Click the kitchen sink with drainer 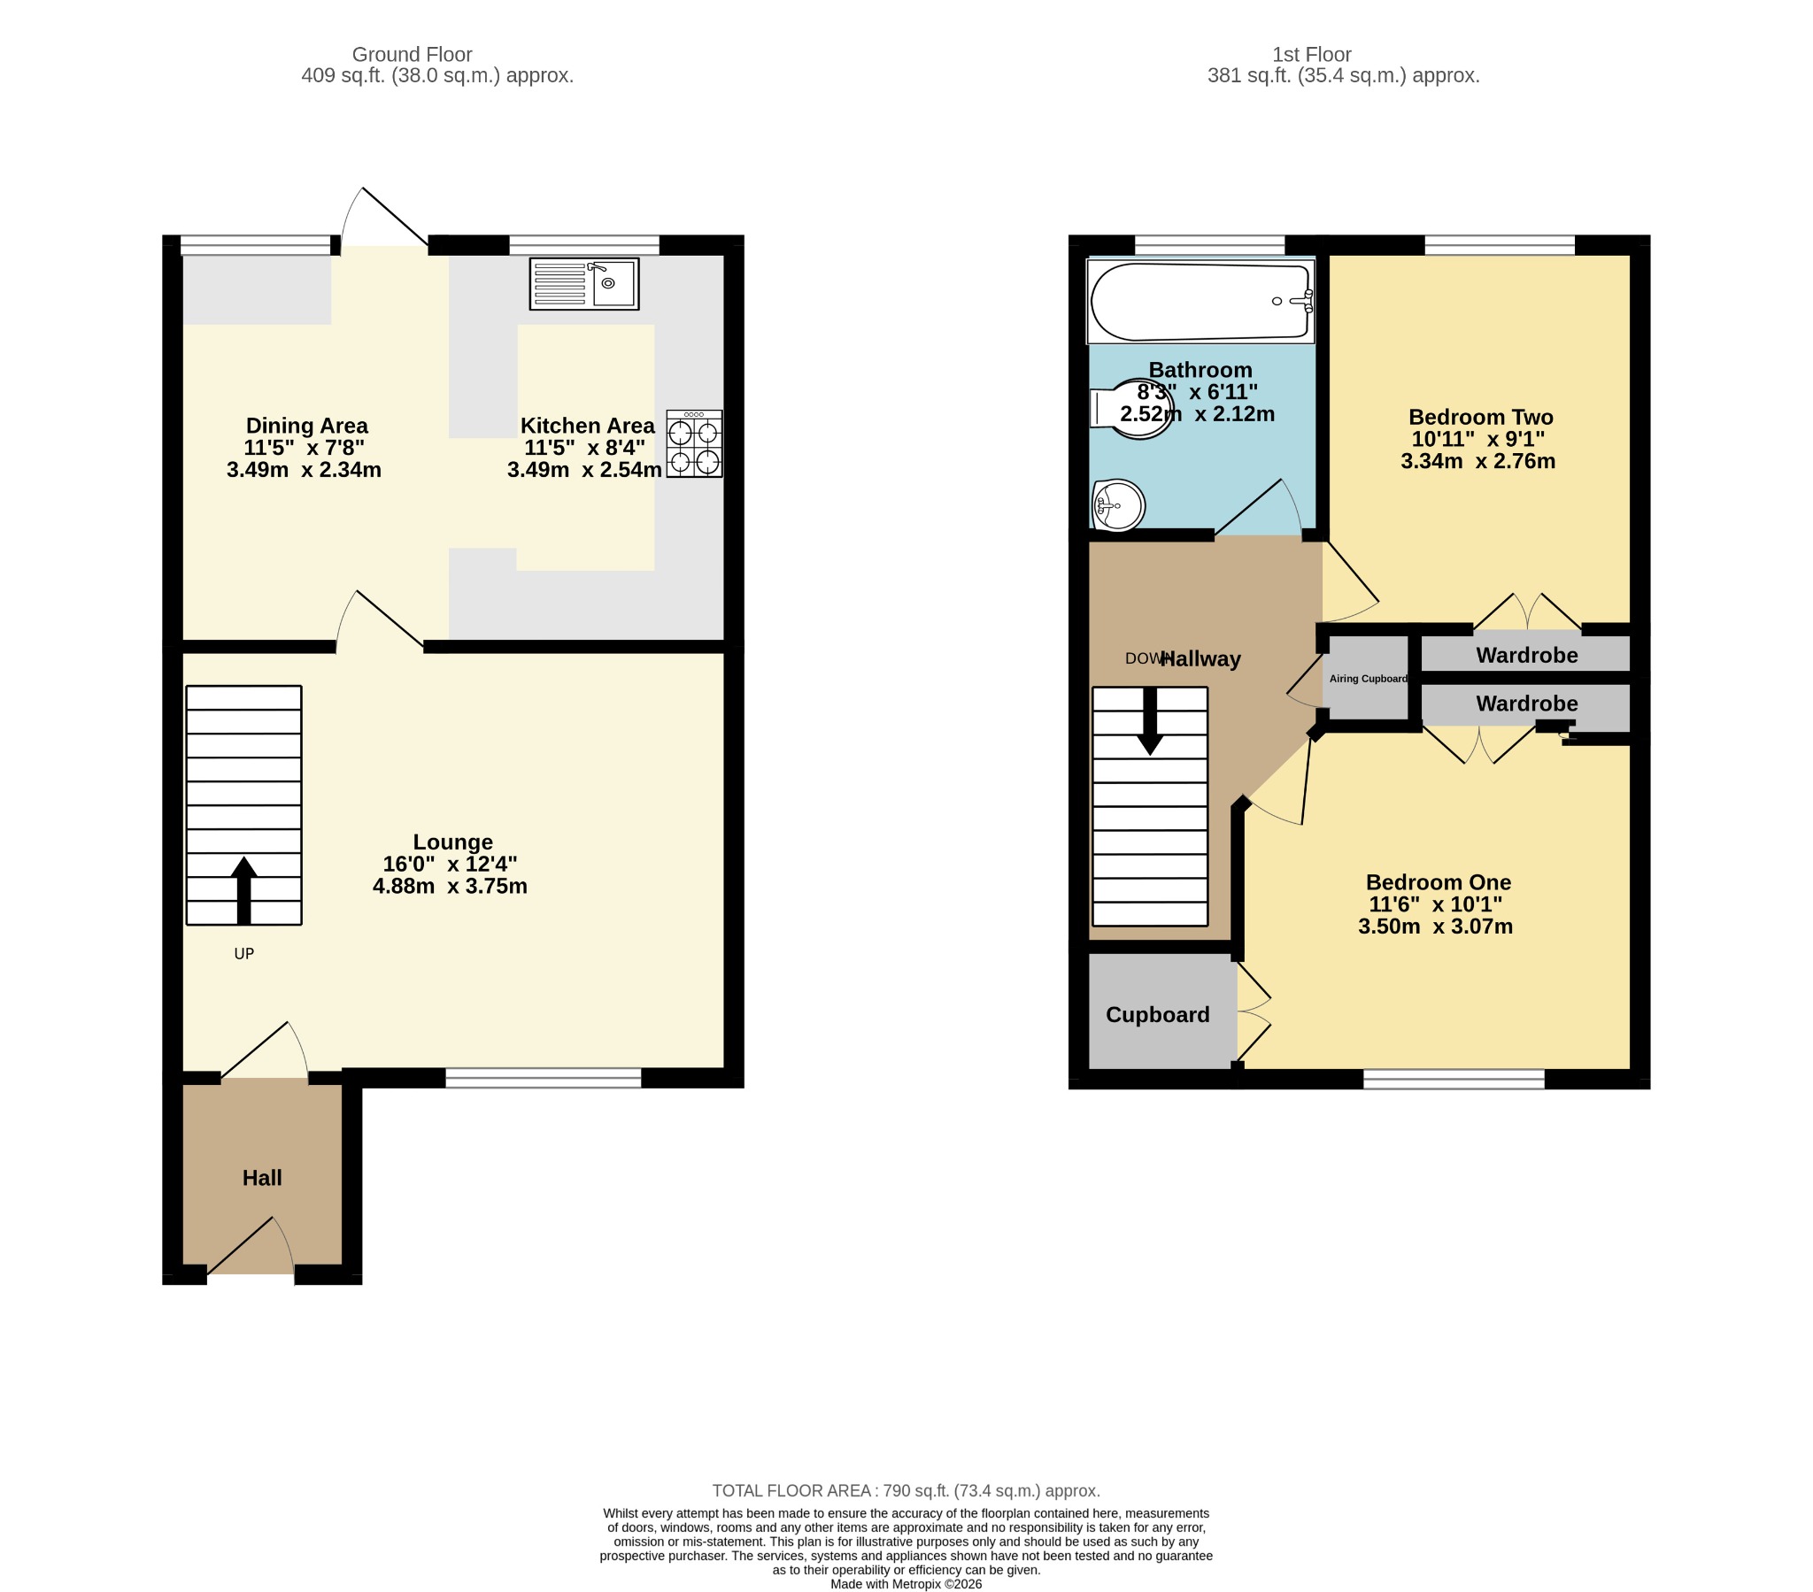[x=583, y=284]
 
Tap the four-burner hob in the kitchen [x=694, y=443]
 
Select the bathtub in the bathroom [x=1201, y=301]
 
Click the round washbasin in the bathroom [x=1118, y=505]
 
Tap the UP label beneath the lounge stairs [x=244, y=953]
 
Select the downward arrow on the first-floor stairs [x=1150, y=721]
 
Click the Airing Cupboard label [x=1368, y=679]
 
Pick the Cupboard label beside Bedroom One [x=1158, y=1015]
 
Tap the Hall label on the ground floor [x=262, y=1178]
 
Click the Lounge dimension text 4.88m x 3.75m [x=450, y=886]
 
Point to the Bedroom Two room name [x=1480, y=417]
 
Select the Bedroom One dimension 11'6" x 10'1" [x=1435, y=904]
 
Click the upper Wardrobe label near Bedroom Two [x=1526, y=656]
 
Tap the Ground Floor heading [x=412, y=55]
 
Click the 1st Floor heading [x=1311, y=55]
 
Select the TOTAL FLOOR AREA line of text [x=906, y=1491]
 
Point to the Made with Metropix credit [x=906, y=1584]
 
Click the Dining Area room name [x=306, y=426]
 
